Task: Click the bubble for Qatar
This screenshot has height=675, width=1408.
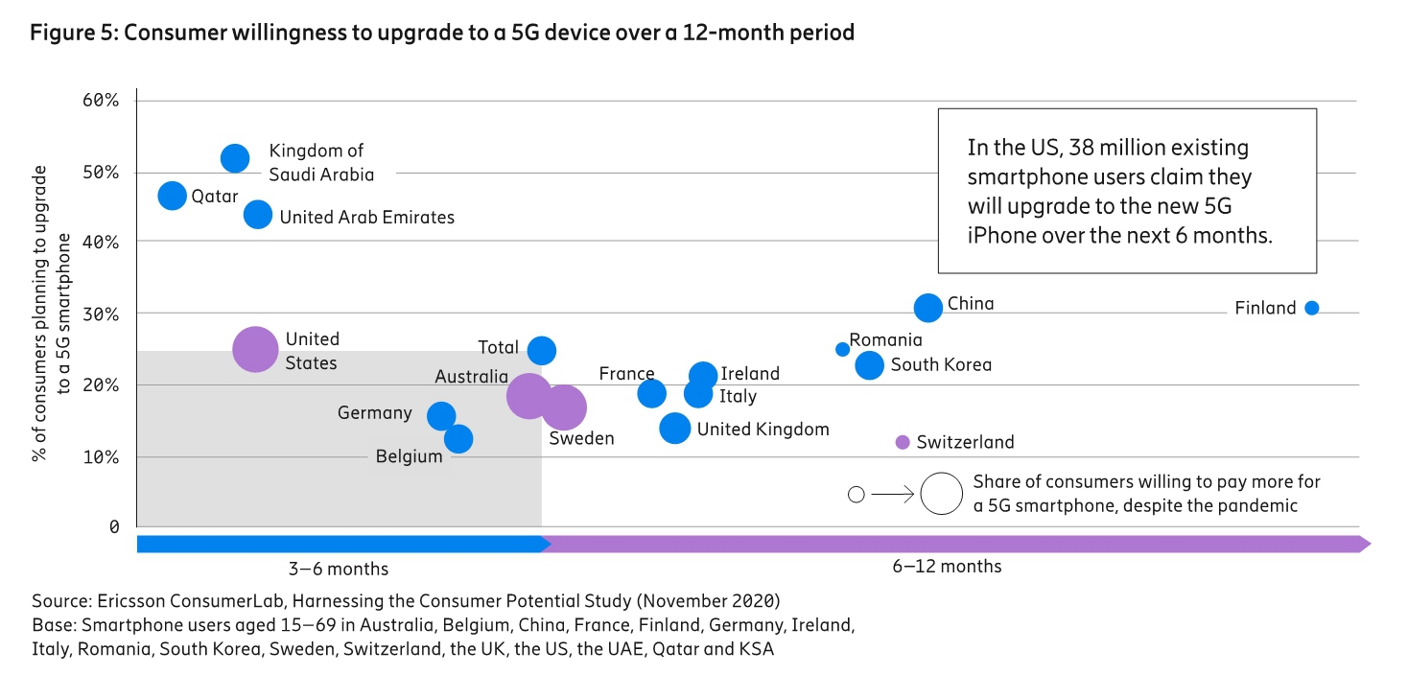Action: [172, 196]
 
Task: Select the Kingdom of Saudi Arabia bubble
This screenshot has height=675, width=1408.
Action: [235, 158]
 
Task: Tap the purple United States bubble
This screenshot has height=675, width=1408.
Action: [255, 349]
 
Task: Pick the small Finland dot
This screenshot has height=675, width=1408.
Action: [1311, 308]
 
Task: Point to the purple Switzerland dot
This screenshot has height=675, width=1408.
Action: [902, 442]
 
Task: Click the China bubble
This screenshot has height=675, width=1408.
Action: [927, 308]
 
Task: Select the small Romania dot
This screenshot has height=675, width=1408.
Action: [842, 349]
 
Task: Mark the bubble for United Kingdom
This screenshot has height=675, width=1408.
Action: [675, 428]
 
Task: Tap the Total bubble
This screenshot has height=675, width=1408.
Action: [542, 350]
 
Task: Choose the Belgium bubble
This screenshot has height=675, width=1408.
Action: [458, 438]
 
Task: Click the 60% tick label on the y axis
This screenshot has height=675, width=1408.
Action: [100, 101]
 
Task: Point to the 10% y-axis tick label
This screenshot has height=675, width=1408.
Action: [100, 456]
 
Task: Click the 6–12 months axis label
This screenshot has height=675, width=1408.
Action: [947, 567]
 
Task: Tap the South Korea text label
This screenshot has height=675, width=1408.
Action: [941, 364]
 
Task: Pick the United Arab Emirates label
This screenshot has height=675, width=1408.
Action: [366, 218]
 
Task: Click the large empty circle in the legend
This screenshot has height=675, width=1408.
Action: [941, 494]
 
